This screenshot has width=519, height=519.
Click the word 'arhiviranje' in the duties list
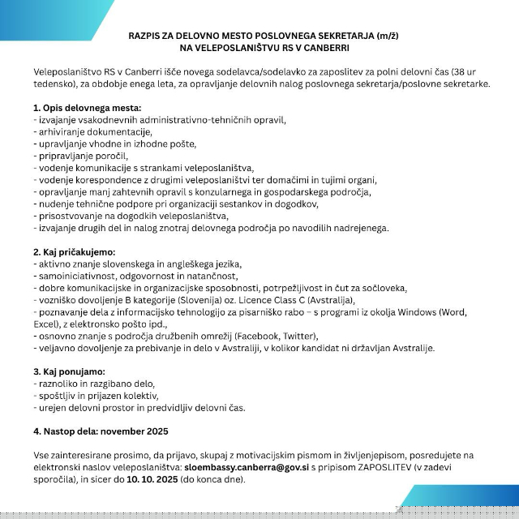point(62,131)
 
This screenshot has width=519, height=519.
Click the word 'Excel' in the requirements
point(46,324)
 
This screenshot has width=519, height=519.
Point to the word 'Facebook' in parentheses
point(248,336)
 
